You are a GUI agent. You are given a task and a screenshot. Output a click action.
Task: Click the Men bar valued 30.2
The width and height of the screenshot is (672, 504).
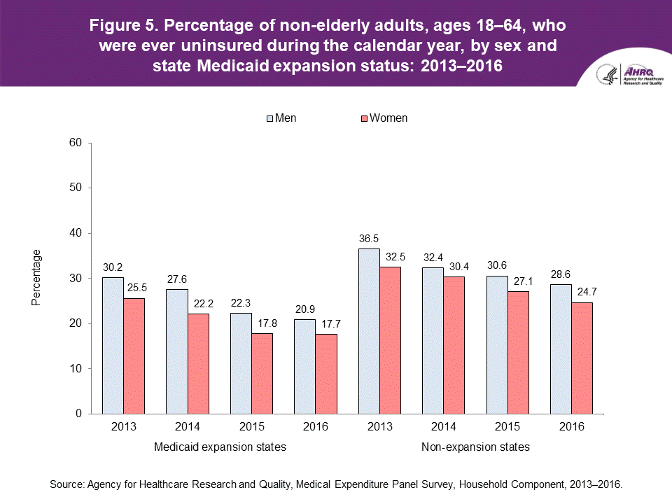(x=113, y=345)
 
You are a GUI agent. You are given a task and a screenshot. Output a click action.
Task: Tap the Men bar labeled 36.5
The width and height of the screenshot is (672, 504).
(x=369, y=331)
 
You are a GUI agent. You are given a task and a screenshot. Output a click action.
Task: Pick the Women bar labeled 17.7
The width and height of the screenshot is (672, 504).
(x=326, y=374)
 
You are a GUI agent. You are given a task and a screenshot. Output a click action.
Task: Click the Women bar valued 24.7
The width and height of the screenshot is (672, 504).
(x=582, y=358)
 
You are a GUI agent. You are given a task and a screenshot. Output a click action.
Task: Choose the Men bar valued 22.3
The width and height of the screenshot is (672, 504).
(x=241, y=363)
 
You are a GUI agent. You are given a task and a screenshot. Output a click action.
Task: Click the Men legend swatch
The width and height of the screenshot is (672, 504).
(x=269, y=118)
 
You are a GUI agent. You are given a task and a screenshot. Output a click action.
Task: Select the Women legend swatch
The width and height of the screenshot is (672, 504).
(x=363, y=118)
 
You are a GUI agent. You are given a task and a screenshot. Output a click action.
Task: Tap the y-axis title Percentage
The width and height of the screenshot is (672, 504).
(x=36, y=278)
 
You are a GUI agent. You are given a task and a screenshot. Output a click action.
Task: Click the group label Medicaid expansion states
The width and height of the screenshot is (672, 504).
(x=219, y=447)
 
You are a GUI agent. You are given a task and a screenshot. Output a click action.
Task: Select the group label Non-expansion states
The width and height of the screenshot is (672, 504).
(x=475, y=447)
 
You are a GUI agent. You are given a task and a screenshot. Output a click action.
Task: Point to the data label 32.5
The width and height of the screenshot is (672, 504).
(x=391, y=258)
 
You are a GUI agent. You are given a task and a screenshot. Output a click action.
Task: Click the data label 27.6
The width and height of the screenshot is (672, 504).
(x=176, y=280)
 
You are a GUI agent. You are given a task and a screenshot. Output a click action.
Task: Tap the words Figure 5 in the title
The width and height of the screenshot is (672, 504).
(x=123, y=29)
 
